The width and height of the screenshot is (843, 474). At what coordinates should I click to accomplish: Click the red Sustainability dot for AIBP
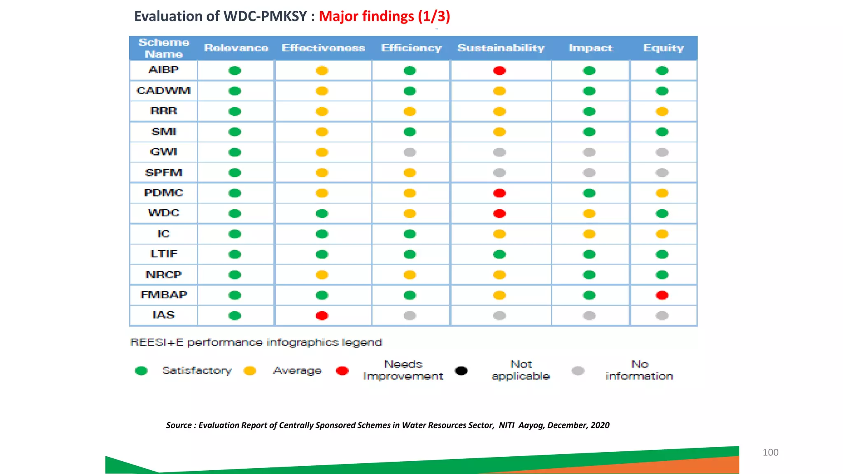pyautogui.click(x=499, y=71)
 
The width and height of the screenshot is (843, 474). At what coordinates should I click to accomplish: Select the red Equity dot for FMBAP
pyautogui.click(x=662, y=295)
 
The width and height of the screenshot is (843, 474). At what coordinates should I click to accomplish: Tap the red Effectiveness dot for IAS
pyautogui.click(x=322, y=316)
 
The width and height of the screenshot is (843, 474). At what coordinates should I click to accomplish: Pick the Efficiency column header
pyautogui.click(x=411, y=48)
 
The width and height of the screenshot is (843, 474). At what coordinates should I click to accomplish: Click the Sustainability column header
pyautogui.click(x=501, y=48)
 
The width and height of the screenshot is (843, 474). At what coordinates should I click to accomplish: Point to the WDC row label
pyautogui.click(x=163, y=213)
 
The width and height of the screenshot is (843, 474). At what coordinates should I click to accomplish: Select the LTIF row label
pyautogui.click(x=163, y=254)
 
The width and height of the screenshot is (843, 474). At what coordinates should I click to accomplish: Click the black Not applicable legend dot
pyautogui.click(x=461, y=371)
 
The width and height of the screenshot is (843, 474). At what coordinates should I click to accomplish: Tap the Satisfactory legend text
pyautogui.click(x=197, y=371)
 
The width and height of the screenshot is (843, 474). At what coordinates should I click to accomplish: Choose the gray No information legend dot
pyautogui.click(x=578, y=371)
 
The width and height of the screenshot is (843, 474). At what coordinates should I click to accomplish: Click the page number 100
pyautogui.click(x=770, y=452)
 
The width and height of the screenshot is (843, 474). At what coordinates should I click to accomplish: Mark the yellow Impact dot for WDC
pyautogui.click(x=589, y=214)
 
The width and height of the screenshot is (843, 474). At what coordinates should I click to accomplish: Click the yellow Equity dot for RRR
pyautogui.click(x=662, y=112)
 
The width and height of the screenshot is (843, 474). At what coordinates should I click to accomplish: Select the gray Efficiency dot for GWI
pyautogui.click(x=410, y=152)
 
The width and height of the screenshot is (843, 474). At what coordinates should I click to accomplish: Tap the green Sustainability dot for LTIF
pyautogui.click(x=499, y=254)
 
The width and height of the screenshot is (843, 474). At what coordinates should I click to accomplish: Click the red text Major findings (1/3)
pyautogui.click(x=384, y=16)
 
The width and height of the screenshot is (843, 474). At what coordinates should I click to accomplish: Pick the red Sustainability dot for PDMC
pyautogui.click(x=499, y=193)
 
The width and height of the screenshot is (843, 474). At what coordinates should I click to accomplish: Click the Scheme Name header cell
pyautogui.click(x=163, y=48)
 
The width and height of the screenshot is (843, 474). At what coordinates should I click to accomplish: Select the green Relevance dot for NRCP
pyautogui.click(x=235, y=274)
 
